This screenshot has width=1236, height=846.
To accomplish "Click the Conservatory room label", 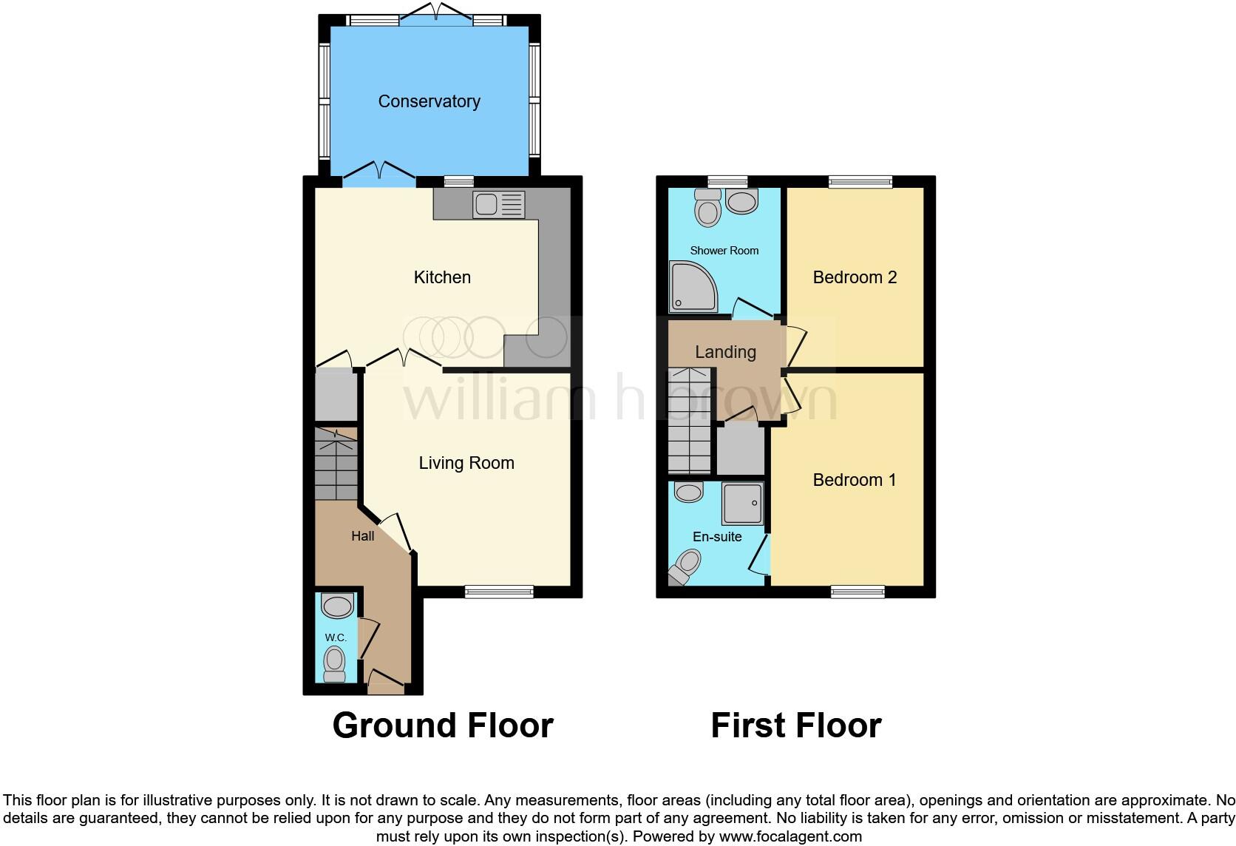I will pos(429,101).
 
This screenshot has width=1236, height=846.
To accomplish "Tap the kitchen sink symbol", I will pos(499,205).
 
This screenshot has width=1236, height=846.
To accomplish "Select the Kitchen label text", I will pos(442,277).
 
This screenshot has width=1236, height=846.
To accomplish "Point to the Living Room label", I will pos(466,463).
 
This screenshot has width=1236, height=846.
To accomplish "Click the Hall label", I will pos(362,536).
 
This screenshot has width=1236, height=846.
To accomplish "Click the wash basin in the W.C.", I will pos(338,606).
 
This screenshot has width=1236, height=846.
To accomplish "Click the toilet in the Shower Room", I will pos(707,208).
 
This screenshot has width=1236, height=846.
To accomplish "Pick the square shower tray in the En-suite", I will pos(741,504).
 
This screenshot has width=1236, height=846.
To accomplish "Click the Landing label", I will pos(725,352).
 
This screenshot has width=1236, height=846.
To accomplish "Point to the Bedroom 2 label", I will pos(855,277).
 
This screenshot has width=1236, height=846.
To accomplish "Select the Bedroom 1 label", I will pos(855,480).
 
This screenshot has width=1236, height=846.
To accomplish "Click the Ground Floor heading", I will pos(443,725).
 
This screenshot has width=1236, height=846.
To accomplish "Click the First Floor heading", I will pos(796,725).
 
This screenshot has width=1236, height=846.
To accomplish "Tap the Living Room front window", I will pos(499,591).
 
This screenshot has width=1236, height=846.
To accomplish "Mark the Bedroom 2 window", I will pos(860,182).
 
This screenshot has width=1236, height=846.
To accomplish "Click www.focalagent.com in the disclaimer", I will pos(790,837).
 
